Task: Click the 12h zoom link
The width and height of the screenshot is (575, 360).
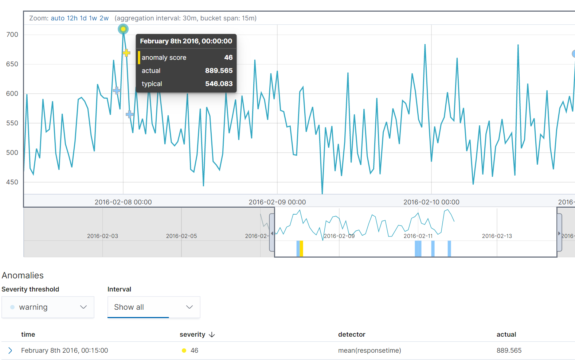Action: pyautogui.click(x=72, y=18)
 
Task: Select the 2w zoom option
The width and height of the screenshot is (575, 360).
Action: pyautogui.click(x=104, y=18)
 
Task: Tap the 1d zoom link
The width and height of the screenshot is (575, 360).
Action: pyautogui.click(x=83, y=18)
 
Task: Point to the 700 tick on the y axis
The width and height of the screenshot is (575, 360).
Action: pyautogui.click(x=12, y=35)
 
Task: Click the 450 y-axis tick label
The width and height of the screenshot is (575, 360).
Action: pyautogui.click(x=12, y=182)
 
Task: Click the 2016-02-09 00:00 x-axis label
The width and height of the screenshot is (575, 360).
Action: pyautogui.click(x=277, y=202)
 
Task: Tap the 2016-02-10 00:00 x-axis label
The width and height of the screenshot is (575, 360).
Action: pyautogui.click(x=431, y=202)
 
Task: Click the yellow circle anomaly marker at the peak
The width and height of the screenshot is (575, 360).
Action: pyautogui.click(x=123, y=29)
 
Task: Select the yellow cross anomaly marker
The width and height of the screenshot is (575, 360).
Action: pyautogui.click(x=126, y=53)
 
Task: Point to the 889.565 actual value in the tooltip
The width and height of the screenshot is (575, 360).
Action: pyautogui.click(x=219, y=71)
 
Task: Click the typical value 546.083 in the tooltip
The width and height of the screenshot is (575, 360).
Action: pyautogui.click(x=219, y=84)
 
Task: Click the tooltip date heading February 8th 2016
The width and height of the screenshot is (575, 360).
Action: pyautogui.click(x=186, y=41)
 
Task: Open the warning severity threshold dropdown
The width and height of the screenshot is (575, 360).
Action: pyautogui.click(x=48, y=307)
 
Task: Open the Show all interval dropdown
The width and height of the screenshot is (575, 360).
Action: pyautogui.click(x=153, y=307)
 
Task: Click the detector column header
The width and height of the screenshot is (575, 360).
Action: pyautogui.click(x=351, y=334)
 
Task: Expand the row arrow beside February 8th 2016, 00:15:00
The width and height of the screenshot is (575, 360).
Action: pyautogui.click(x=10, y=351)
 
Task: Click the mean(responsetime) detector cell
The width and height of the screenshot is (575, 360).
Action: pyautogui.click(x=369, y=351)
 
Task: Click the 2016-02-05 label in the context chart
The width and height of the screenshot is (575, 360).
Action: pyautogui.click(x=181, y=236)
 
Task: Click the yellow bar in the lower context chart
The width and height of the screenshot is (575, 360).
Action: pyautogui.click(x=301, y=249)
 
